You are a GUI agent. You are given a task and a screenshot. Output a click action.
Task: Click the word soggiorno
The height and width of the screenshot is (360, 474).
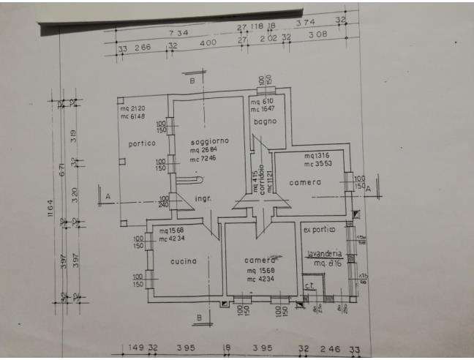[x=209, y=140]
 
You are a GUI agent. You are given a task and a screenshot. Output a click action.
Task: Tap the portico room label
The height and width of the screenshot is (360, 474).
[x=142, y=143]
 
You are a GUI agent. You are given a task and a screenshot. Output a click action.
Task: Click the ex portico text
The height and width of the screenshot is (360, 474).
[x=318, y=230]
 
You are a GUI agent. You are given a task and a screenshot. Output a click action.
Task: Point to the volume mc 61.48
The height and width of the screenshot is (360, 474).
[x=138, y=116]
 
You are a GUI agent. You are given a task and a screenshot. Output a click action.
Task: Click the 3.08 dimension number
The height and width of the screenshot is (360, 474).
[x=317, y=34]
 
